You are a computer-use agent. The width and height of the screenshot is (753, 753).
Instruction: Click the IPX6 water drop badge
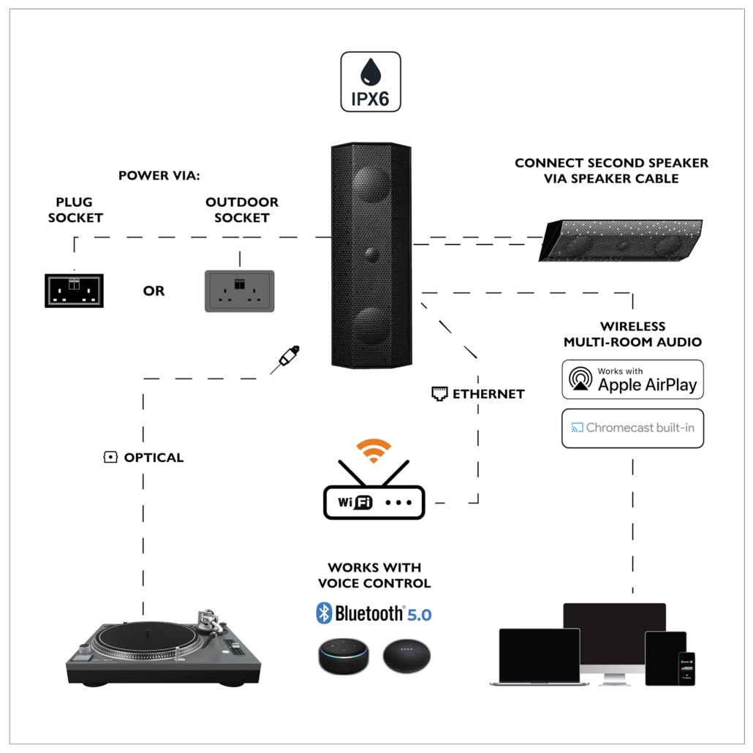click(x=370, y=82)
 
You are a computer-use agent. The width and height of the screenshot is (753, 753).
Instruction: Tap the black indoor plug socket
click(x=74, y=290)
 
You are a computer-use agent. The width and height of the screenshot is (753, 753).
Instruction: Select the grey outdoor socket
click(x=240, y=291)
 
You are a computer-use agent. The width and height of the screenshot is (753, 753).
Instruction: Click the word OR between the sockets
click(x=154, y=291)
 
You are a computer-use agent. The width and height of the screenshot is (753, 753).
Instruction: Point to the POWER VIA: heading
click(x=159, y=175)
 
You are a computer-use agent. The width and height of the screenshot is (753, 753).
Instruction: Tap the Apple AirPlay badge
click(x=632, y=379)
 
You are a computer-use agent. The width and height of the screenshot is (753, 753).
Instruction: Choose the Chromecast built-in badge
click(x=632, y=428)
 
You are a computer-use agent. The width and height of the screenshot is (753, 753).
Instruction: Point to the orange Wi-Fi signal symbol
click(x=374, y=450)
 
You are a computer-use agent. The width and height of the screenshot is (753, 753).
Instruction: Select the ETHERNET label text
click(x=488, y=394)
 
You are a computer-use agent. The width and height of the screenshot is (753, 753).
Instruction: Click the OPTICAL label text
click(x=154, y=458)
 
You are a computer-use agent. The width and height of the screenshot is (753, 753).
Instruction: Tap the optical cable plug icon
click(x=287, y=357)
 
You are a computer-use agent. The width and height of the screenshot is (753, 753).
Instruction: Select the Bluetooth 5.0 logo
click(x=374, y=613)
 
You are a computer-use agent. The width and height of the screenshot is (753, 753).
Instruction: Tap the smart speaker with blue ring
click(x=344, y=656)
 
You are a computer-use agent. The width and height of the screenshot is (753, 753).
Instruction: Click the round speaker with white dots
click(x=406, y=656)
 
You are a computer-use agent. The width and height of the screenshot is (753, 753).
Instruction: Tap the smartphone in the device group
click(x=686, y=668)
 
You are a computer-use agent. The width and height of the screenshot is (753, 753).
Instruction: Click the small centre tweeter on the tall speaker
click(x=370, y=254)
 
